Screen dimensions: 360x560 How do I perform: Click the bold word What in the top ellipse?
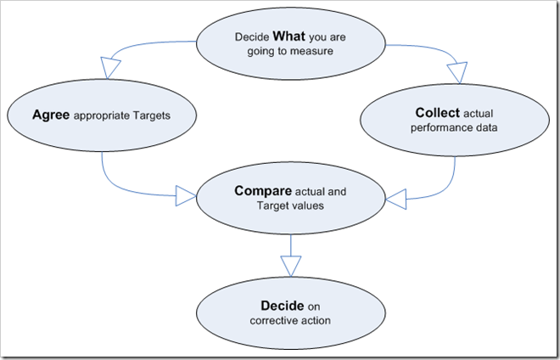(286, 37)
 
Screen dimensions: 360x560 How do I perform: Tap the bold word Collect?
(438, 113)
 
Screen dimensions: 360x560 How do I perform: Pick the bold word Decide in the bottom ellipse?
(283, 305)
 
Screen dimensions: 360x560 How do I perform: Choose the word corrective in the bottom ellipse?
(273, 320)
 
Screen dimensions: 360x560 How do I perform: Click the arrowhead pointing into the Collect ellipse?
(458, 75)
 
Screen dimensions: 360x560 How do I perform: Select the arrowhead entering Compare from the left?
(185, 197)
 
